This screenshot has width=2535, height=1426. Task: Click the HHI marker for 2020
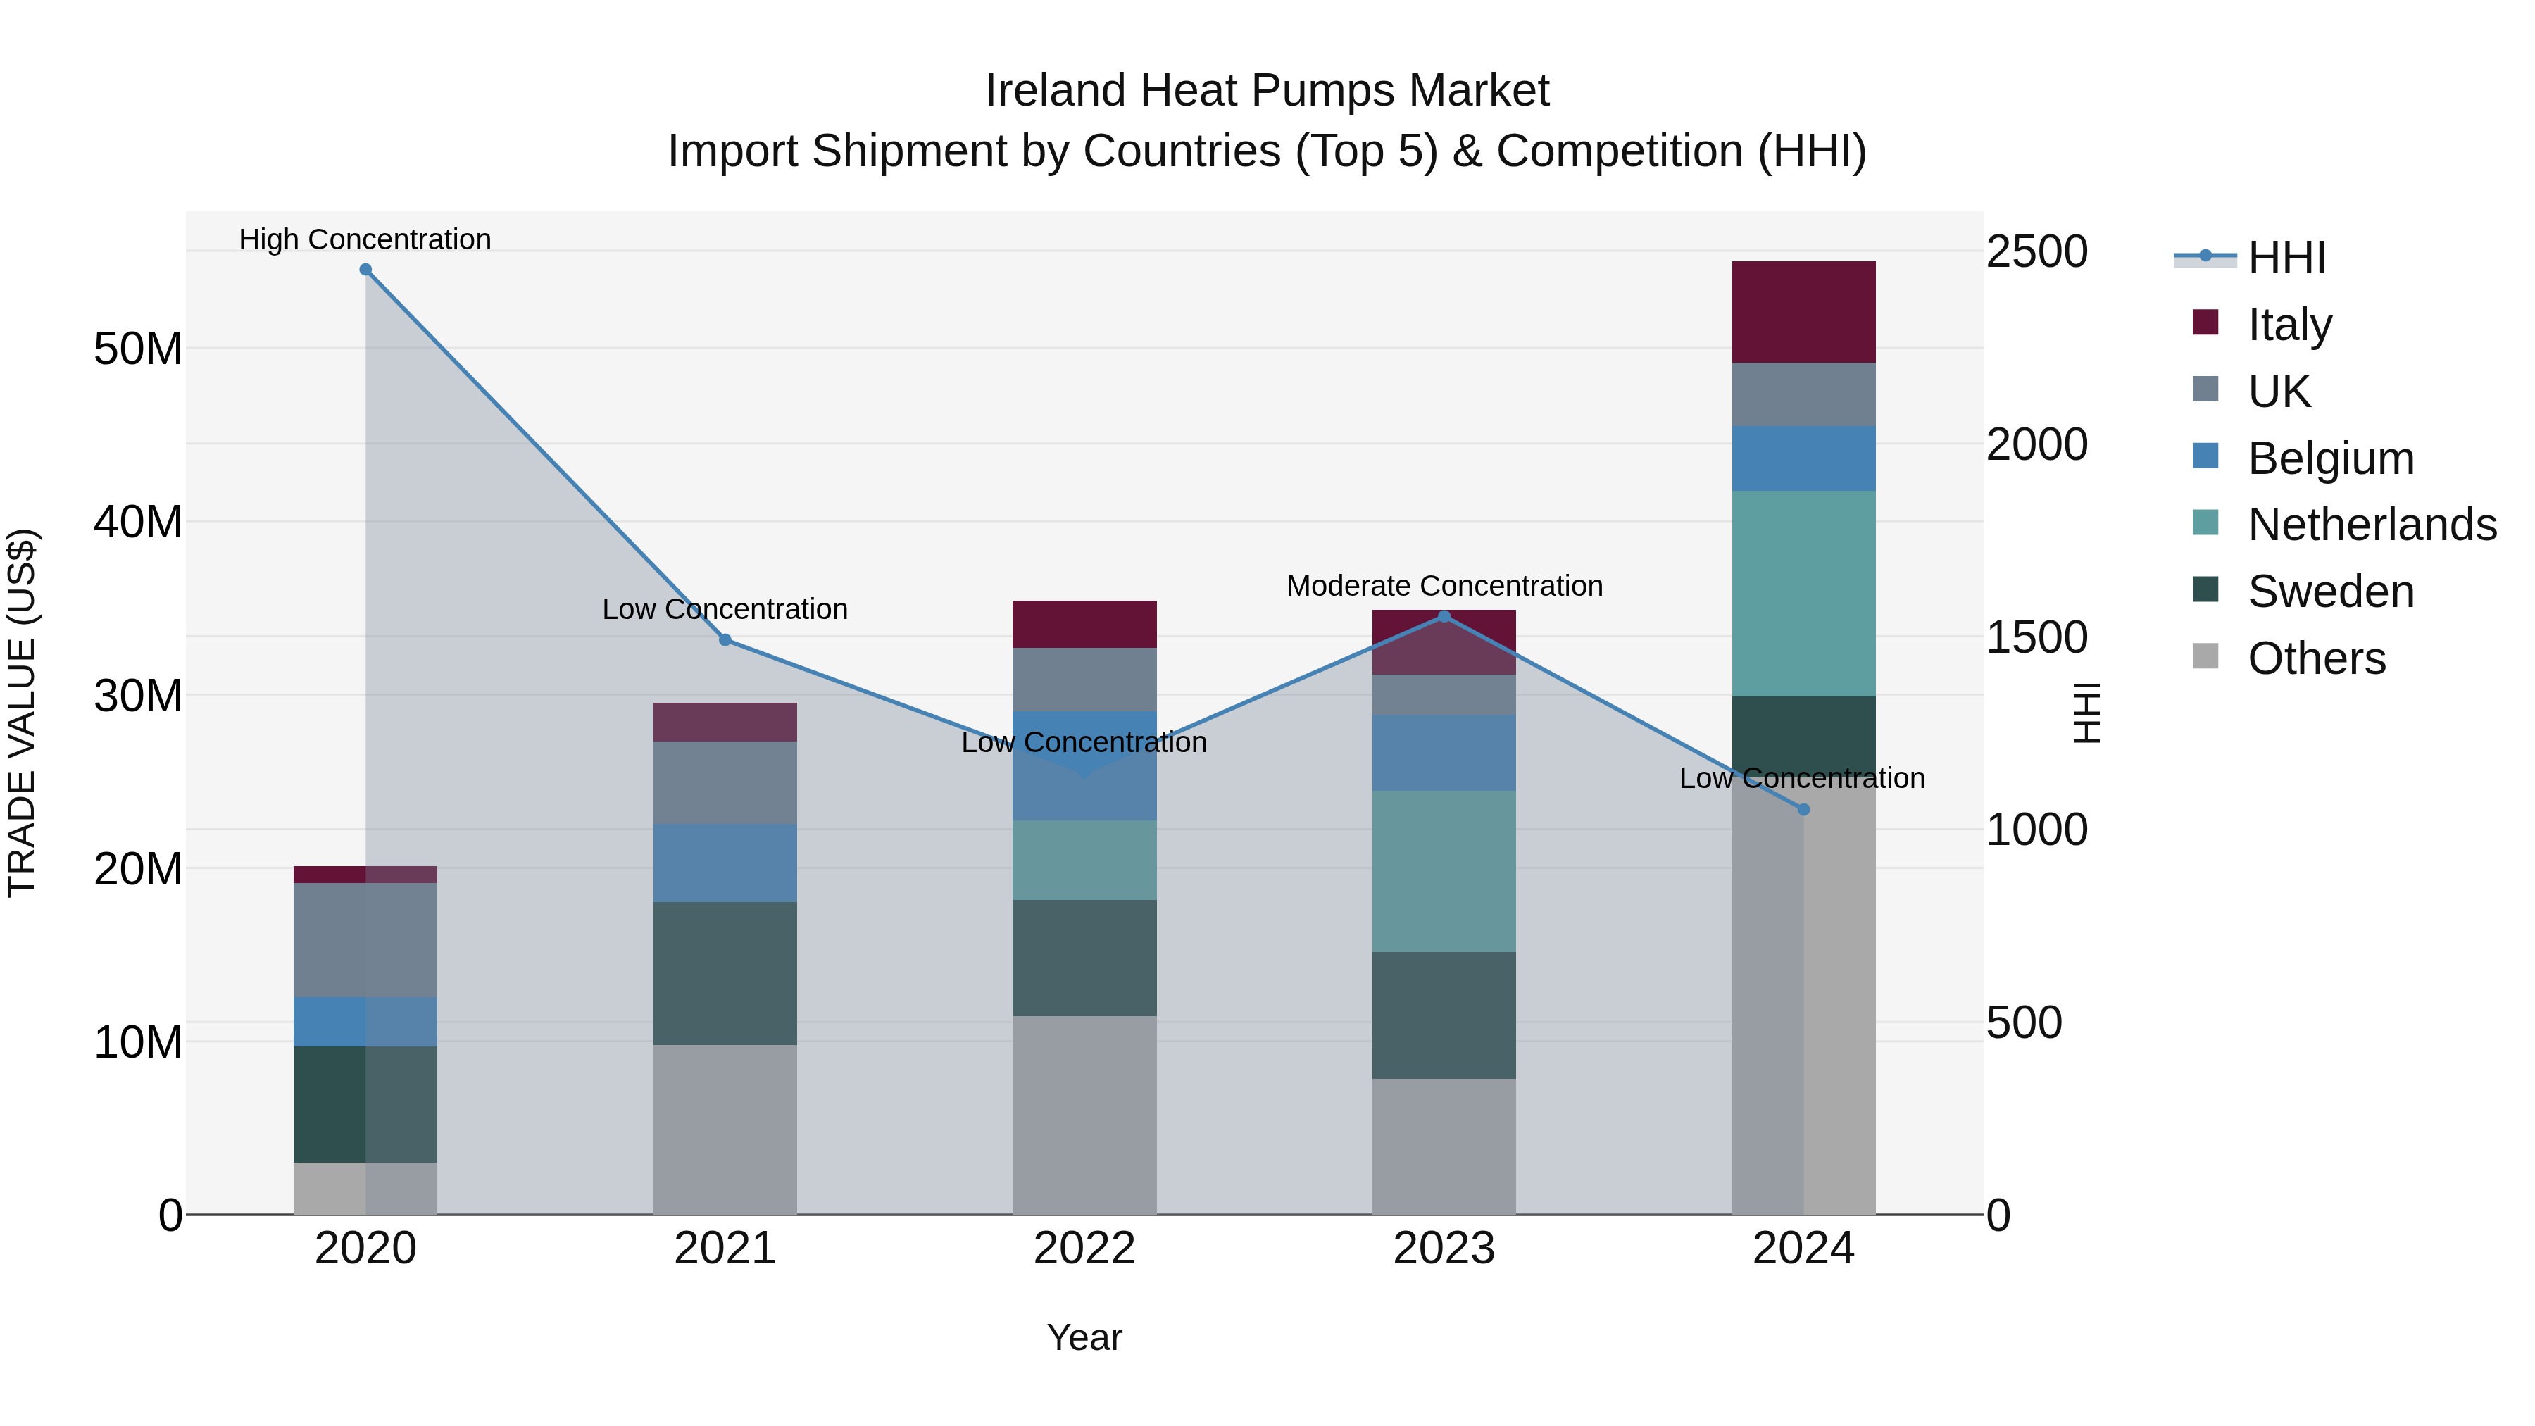[365, 270]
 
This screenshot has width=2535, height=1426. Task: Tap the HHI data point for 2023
[1444, 617]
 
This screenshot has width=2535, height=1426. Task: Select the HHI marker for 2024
[1803, 810]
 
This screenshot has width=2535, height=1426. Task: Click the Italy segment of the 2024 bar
[1803, 312]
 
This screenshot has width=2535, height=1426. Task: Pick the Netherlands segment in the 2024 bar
[1803, 594]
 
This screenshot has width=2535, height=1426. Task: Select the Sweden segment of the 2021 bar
[725, 973]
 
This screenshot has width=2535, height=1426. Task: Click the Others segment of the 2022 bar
[1084, 1115]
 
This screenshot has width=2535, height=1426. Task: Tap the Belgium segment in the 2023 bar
[1444, 753]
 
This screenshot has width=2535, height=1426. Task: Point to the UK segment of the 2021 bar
[725, 782]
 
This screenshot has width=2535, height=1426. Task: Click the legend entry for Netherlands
[2371, 525]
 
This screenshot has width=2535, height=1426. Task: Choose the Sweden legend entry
[2329, 592]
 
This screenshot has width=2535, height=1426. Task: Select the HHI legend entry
[2285, 258]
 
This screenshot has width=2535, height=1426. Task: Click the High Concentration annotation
[364, 239]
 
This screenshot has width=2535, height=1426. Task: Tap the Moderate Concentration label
[1444, 586]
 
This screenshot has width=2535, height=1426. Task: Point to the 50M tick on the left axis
[138, 349]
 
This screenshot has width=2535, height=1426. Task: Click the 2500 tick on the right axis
[2035, 252]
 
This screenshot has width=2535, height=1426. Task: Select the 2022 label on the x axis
[1084, 1249]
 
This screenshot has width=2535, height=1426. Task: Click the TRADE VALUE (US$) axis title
[22, 713]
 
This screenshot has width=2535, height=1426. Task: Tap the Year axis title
[1084, 1337]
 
